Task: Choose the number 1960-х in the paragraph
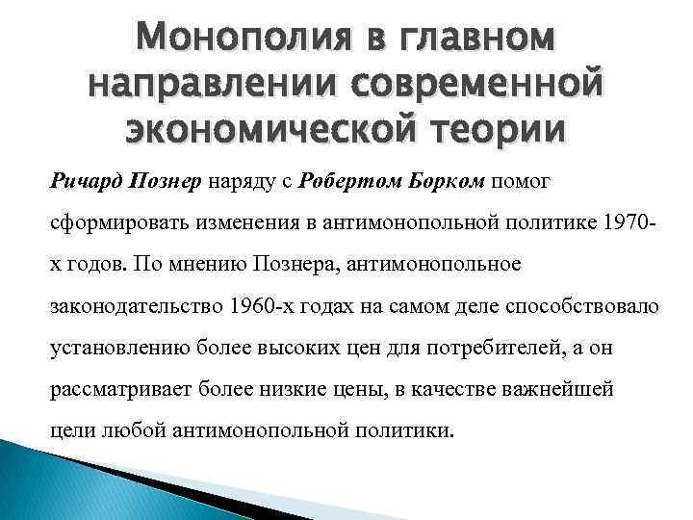(x=253, y=305)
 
